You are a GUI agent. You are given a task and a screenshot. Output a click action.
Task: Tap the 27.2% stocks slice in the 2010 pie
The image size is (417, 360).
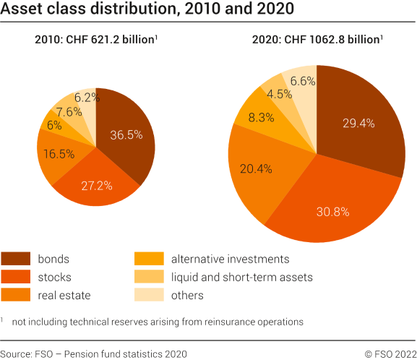tap(96, 185)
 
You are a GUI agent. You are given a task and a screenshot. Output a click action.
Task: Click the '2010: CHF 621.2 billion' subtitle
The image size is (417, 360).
tap(95, 40)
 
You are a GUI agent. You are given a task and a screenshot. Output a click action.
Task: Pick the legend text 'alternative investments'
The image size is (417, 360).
tap(230, 259)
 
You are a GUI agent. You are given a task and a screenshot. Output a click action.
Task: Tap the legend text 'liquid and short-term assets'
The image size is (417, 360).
tap(241, 277)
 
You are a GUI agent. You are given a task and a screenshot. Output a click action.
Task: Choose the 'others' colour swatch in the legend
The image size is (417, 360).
tap(149, 295)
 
